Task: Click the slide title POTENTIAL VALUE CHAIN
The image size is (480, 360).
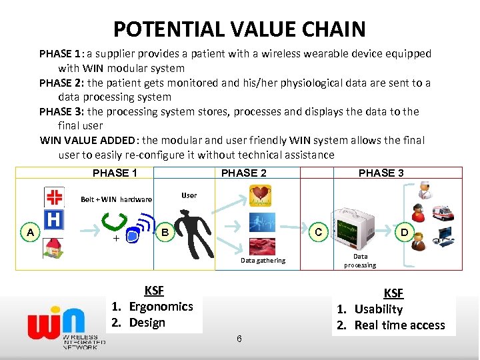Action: [x=239, y=29]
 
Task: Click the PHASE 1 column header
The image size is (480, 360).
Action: [x=115, y=173]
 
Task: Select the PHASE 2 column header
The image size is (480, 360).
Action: [x=243, y=173]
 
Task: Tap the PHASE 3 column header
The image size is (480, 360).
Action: [x=381, y=173]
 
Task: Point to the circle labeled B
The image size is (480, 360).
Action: [x=165, y=232]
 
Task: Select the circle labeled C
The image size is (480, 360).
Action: [x=319, y=232]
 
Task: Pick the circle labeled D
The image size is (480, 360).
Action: [x=403, y=232]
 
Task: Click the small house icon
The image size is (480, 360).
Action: [x=53, y=248]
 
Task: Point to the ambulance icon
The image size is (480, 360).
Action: [x=443, y=213]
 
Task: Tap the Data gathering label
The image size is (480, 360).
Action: [x=263, y=261]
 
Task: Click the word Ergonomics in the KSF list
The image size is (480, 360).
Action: [x=161, y=307]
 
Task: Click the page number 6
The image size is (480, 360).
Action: [x=239, y=339]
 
